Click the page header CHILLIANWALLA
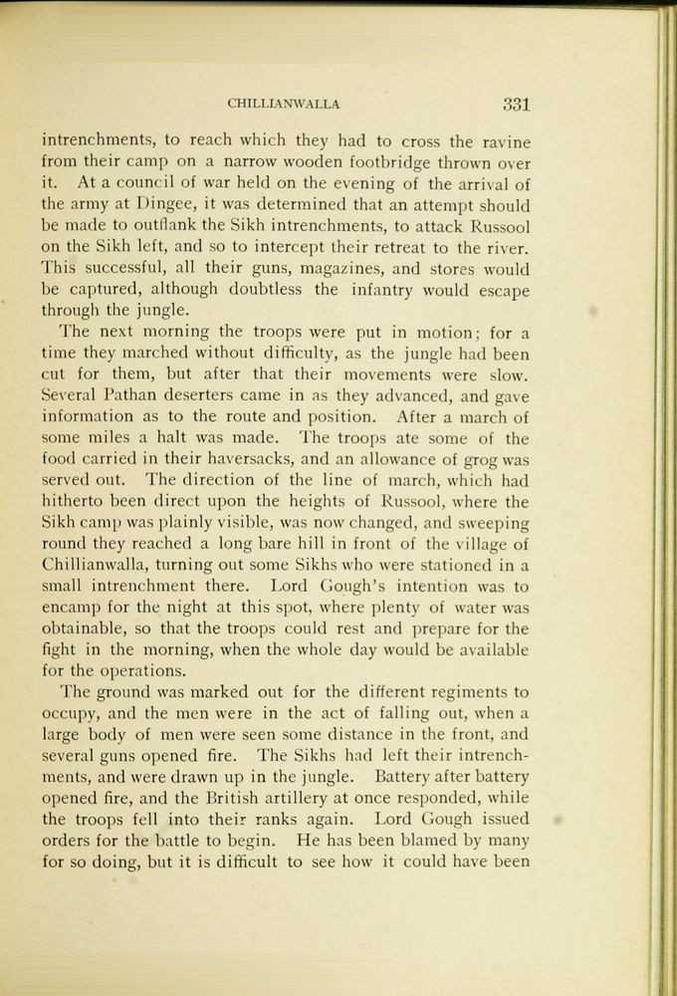pos(284,103)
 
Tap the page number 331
pos(516,102)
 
